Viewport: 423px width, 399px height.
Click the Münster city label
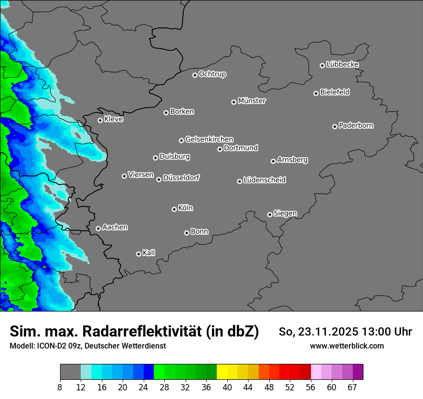[x=252, y=101]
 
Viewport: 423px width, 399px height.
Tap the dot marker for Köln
[x=174, y=209]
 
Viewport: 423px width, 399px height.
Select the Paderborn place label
[x=356, y=125]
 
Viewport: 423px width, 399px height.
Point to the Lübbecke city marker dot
[x=322, y=65]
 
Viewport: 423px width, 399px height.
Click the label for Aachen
[x=115, y=227]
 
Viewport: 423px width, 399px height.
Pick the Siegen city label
[x=285, y=213]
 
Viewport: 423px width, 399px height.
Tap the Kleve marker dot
[x=100, y=120]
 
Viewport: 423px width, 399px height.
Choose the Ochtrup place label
[x=212, y=74]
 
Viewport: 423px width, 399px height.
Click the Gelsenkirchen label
[x=209, y=139]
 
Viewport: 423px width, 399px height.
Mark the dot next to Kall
[x=138, y=254]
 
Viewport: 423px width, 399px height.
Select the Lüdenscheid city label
[x=264, y=180]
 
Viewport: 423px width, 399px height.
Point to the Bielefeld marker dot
[x=316, y=93]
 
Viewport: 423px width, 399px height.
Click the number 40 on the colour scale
[x=227, y=387]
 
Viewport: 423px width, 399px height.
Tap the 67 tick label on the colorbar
[x=352, y=387]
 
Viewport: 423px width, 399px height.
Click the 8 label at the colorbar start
[x=60, y=387]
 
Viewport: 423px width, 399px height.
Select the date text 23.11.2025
[x=323, y=332]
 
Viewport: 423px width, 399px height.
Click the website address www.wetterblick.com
[x=347, y=346]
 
